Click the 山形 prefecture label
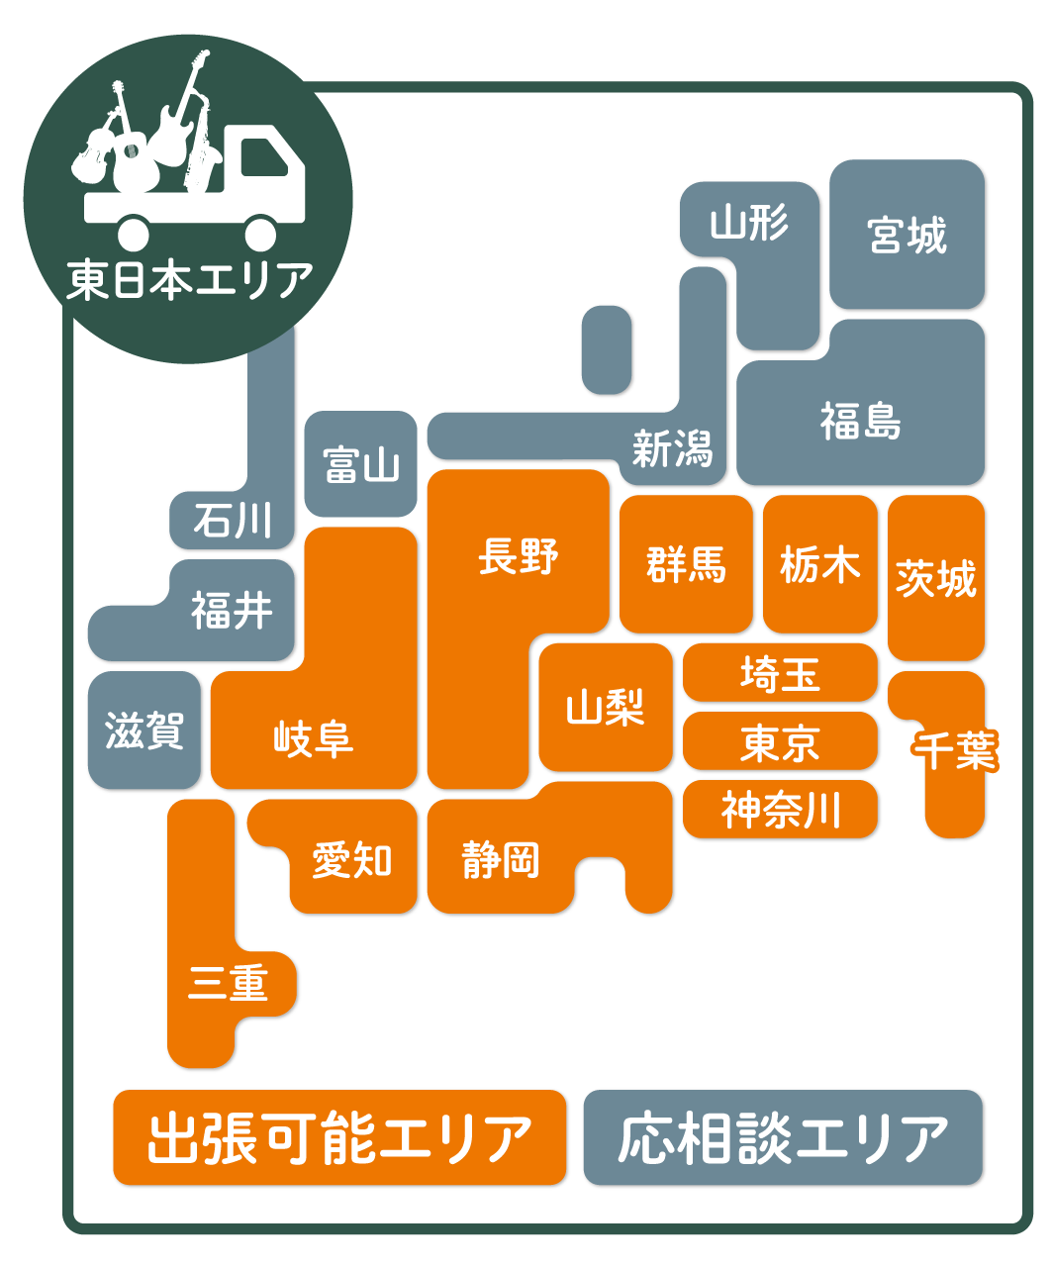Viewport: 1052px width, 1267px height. tap(749, 223)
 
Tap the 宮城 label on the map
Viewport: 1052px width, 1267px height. tap(907, 236)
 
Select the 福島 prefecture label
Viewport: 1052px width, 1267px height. tap(860, 421)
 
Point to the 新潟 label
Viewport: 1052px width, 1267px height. tap(672, 448)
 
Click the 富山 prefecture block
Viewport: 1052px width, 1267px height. tap(360, 464)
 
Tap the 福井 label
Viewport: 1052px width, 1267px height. tap(232, 610)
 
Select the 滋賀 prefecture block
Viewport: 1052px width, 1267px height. tap(144, 731)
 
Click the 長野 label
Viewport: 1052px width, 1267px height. tap(518, 555)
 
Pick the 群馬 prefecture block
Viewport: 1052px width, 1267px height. tap(686, 564)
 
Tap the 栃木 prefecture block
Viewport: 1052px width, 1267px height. tap(819, 564)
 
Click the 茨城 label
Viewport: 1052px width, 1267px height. tap(935, 578)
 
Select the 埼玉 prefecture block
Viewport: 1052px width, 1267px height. tap(780, 674)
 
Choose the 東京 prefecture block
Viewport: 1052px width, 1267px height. tap(780, 742)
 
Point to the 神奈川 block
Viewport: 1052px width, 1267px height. tap(780, 810)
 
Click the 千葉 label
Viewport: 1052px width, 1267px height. tap(955, 749)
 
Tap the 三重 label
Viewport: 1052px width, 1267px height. tap(229, 984)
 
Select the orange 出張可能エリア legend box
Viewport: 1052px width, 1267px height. tap(339, 1138)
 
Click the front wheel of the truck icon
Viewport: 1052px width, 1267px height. tap(260, 235)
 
